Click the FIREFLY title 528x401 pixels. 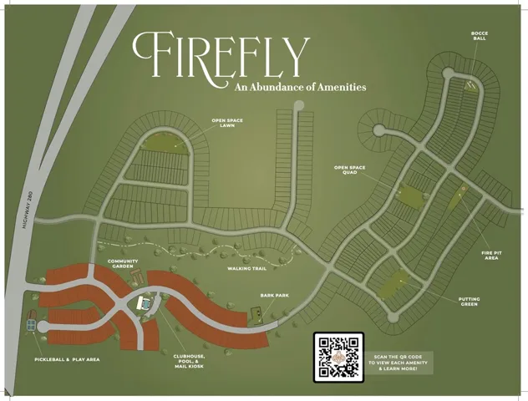[220, 53]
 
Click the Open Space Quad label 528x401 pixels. [350, 170]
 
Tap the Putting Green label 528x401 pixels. [469, 302]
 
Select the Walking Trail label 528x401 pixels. [246, 268]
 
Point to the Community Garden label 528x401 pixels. [122, 264]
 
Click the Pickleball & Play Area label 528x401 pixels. [67, 359]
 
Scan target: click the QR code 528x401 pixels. [338, 357]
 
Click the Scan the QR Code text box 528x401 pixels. [398, 362]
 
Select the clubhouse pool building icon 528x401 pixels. [145, 302]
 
